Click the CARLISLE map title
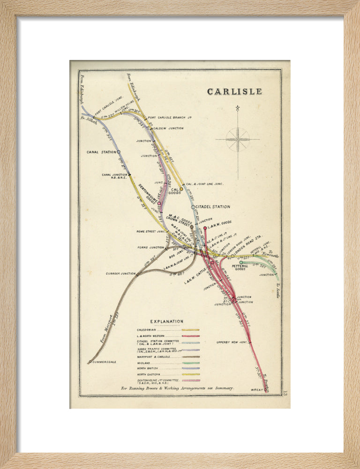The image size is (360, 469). click(235, 91)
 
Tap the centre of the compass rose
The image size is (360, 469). click(238, 139)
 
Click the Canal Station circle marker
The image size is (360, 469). click(119, 152)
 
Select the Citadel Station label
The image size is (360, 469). click(213, 207)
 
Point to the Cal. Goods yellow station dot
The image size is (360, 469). click(181, 189)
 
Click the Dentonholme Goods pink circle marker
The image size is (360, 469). click(160, 204)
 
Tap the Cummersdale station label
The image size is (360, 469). click(105, 362)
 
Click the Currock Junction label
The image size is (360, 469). click(120, 273)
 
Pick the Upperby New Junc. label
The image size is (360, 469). click(232, 342)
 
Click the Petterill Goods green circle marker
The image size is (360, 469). click(241, 263)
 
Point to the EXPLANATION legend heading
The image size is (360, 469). click(166, 321)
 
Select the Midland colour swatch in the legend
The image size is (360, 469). click(190, 363)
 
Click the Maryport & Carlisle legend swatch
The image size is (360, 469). click(190, 356)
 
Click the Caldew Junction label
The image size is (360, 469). click(168, 128)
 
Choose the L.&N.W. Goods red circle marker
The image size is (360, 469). click(205, 228)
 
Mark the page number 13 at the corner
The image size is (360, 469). click(285, 393)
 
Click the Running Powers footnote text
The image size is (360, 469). click(177, 388)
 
